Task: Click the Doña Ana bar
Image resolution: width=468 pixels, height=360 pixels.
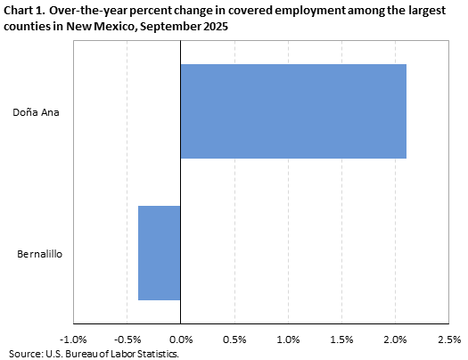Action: coord(293,111)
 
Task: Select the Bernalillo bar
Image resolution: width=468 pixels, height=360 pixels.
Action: coord(160,253)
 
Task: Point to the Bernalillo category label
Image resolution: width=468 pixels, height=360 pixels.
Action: coord(39,254)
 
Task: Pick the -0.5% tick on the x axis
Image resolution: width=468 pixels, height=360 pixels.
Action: coord(127,340)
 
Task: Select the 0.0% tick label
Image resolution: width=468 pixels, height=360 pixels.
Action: coord(181,340)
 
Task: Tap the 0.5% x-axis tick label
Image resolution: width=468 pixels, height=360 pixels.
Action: coord(234,340)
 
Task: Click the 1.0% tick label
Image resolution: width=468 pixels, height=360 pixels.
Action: coord(288,340)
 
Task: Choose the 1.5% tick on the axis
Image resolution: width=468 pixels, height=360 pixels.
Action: coord(341,340)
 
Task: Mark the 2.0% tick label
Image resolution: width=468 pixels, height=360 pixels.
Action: coord(395,340)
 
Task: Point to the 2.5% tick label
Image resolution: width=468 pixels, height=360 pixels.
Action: coord(448,340)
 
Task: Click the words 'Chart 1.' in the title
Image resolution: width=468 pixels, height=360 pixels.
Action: coord(25,12)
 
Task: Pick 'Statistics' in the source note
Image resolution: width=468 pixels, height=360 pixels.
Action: coord(155,354)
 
